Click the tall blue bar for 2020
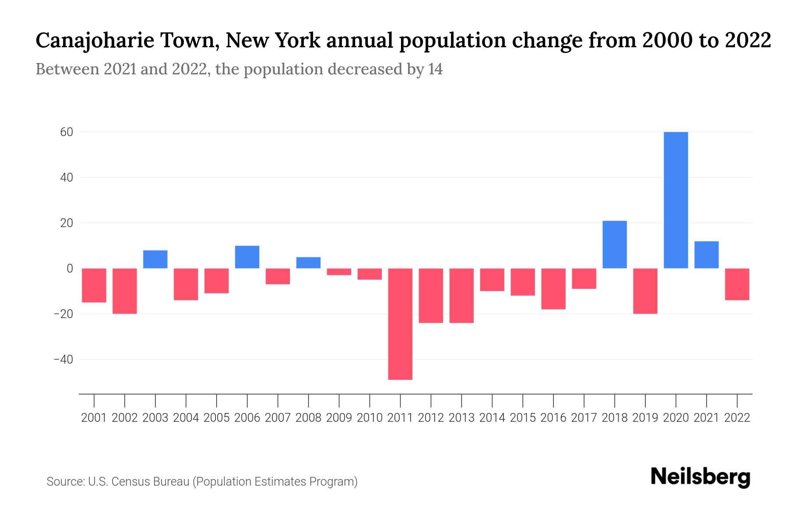[x=675, y=200]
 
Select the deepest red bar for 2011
[x=400, y=324]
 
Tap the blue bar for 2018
[x=614, y=245]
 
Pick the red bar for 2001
[x=94, y=285]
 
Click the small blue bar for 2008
[x=308, y=262]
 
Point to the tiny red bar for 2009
[x=339, y=272]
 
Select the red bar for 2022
[x=737, y=284]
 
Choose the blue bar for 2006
[x=247, y=257]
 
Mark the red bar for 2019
[x=645, y=291]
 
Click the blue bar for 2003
[x=155, y=259]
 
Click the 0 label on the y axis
[x=70, y=269]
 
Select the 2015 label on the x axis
[x=523, y=418]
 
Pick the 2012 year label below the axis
[x=431, y=418]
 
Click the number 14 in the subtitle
[x=435, y=70]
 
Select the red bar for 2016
[x=553, y=289]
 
